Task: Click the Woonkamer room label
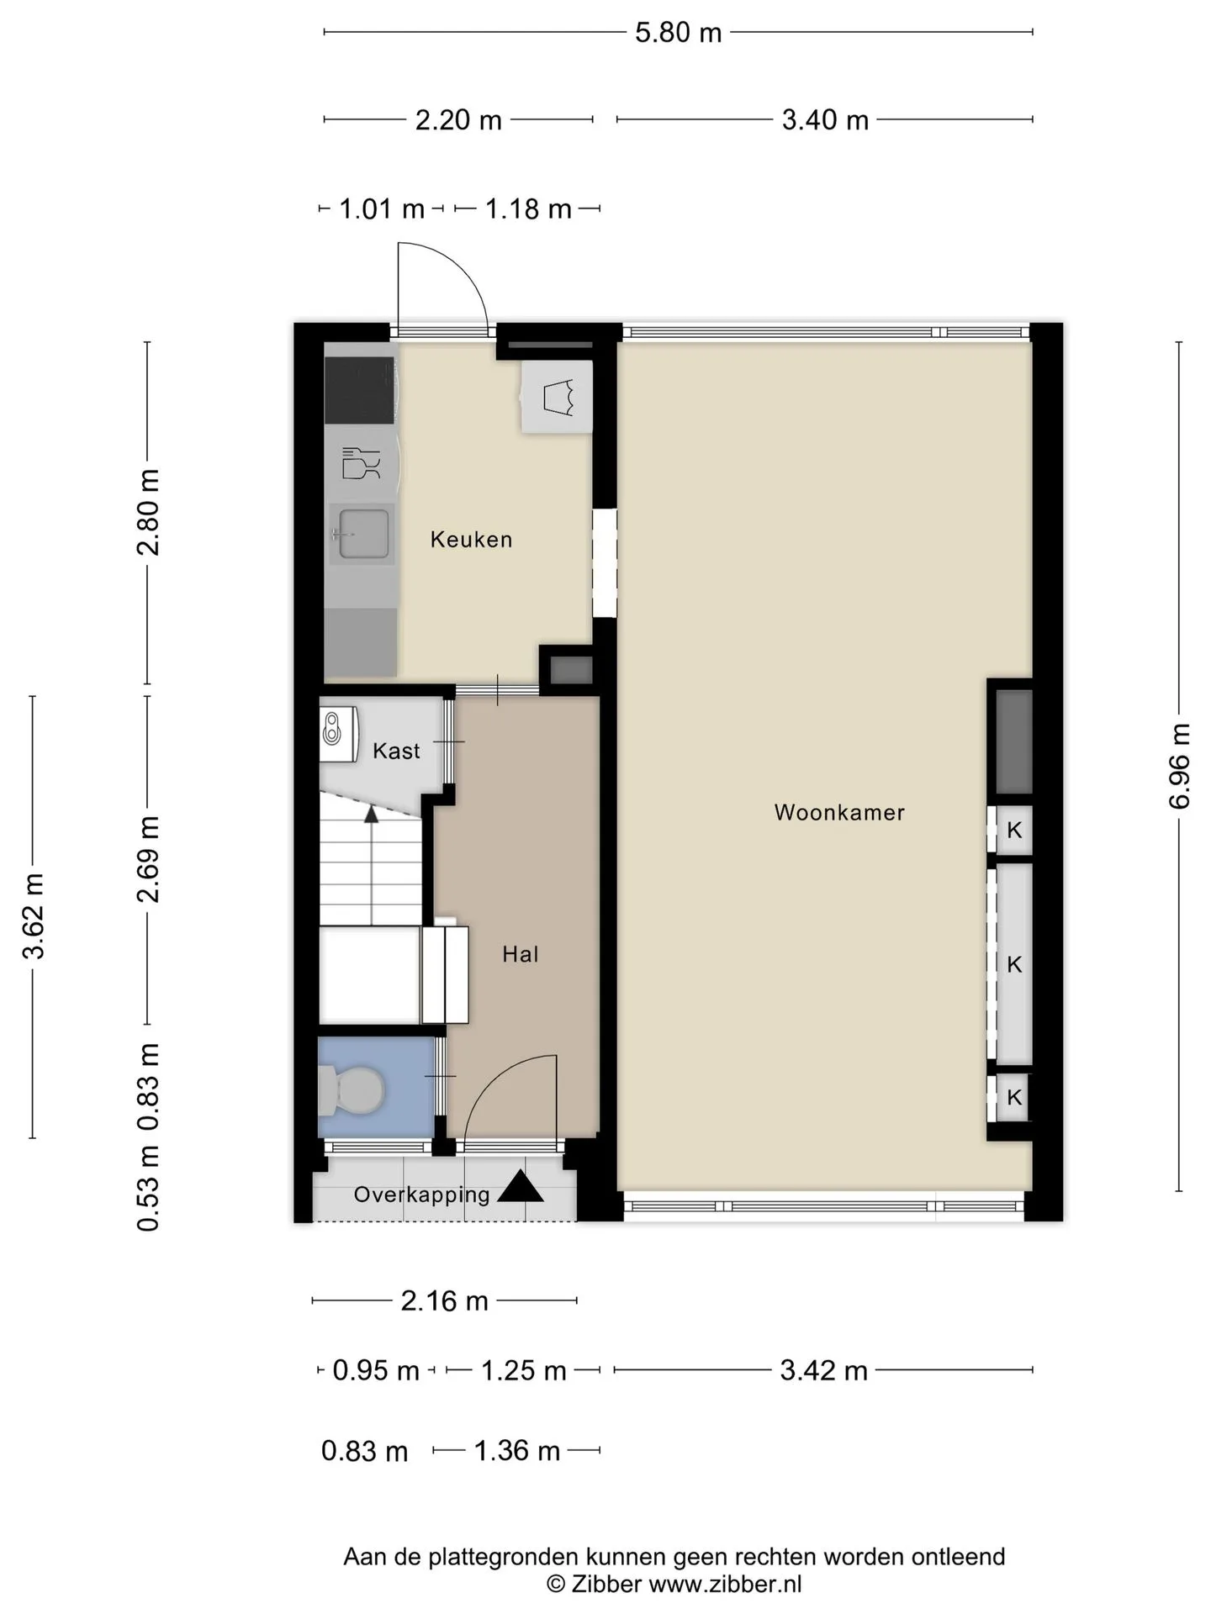point(839,813)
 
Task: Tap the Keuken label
point(471,540)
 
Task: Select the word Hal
point(520,954)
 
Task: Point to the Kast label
point(396,751)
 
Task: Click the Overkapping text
point(421,1195)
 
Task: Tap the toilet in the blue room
point(352,1090)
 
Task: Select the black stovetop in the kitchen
point(359,390)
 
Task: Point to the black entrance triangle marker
point(521,1187)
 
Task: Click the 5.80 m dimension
point(679,33)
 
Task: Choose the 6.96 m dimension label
point(1180,766)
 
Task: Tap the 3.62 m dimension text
point(34,916)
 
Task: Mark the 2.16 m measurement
point(444,1301)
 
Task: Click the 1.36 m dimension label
point(517,1451)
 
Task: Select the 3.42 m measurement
point(823,1371)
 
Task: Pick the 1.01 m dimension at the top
point(382,209)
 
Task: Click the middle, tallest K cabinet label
point(1014,964)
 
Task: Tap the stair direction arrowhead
point(370,813)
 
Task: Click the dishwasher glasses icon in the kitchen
point(362,463)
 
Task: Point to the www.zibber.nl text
point(725,1585)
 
